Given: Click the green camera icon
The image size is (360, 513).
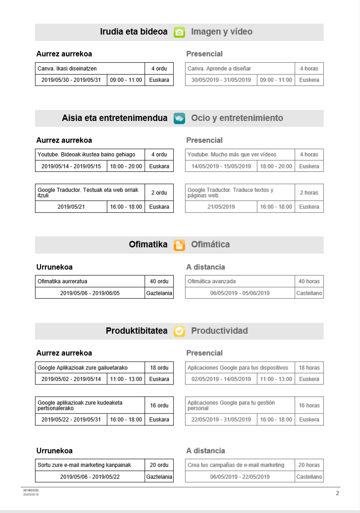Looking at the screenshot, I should [x=180, y=32].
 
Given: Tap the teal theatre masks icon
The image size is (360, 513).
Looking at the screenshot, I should [x=180, y=118].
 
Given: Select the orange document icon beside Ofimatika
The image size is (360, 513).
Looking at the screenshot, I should [x=180, y=245].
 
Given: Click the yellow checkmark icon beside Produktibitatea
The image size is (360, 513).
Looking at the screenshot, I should [x=180, y=331].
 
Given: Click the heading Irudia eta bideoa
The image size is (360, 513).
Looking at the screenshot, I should [x=134, y=32].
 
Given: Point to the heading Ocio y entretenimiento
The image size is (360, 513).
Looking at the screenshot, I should [x=237, y=118].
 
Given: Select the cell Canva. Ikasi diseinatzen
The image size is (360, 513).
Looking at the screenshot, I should [x=90, y=69].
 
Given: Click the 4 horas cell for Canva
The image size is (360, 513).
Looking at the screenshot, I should [x=309, y=69].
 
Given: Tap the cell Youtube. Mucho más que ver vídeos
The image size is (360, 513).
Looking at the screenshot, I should [x=240, y=155].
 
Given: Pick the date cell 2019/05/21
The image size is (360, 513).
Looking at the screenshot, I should [x=71, y=207].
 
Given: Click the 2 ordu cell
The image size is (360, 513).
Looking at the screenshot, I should [x=159, y=193].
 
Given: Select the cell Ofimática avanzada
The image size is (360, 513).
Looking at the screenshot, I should [x=240, y=282].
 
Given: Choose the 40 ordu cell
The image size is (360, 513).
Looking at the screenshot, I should [x=159, y=282].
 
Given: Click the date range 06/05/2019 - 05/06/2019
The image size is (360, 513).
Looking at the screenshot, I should [x=240, y=293].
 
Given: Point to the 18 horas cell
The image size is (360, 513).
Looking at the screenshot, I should [x=309, y=368].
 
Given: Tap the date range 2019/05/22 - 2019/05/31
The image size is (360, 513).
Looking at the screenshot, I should [x=71, y=420].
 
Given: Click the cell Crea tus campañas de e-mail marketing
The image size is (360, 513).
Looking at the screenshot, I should [x=240, y=465].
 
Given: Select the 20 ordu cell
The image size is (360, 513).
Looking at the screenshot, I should [x=159, y=465].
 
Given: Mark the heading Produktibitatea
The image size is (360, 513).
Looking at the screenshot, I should [x=136, y=331].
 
